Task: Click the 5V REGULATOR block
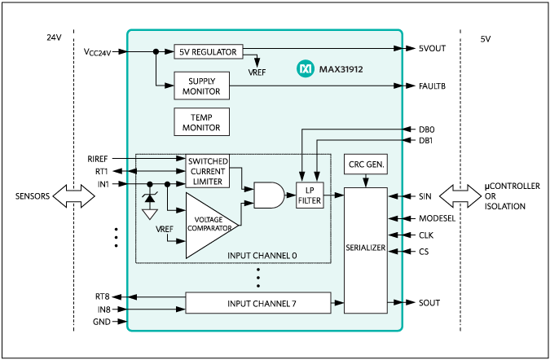point(208,51)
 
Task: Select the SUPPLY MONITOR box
point(201,86)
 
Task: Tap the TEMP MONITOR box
point(201,122)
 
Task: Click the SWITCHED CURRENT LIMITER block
point(208,172)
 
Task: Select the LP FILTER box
point(310,196)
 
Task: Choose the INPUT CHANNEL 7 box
point(258,303)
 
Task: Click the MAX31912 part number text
point(341,70)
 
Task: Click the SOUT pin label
point(430,303)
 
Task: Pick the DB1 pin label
point(427,141)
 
